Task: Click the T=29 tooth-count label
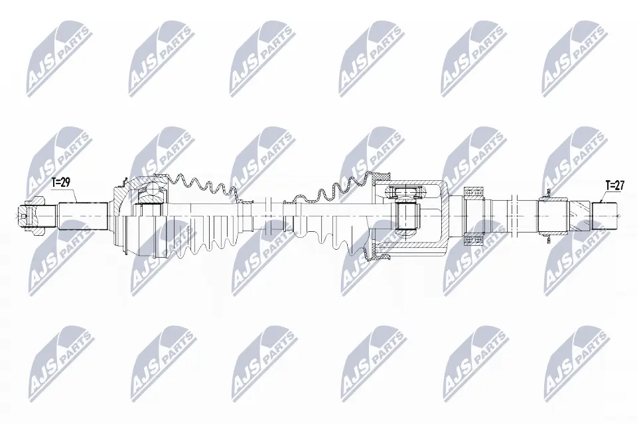(x=61, y=183)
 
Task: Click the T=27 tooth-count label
(x=614, y=185)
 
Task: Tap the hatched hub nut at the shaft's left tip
(x=31, y=215)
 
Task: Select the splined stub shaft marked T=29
(x=82, y=216)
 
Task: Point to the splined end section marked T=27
(x=605, y=215)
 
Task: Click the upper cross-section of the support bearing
(x=473, y=192)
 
